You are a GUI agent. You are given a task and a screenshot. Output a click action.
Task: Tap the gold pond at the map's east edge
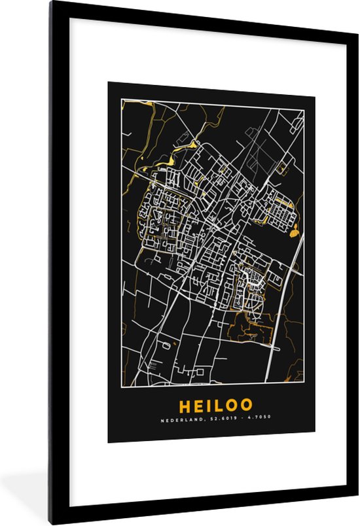pyautogui.click(x=293, y=231)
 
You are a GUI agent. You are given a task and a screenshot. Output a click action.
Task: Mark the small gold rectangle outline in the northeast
pyautogui.click(x=281, y=168)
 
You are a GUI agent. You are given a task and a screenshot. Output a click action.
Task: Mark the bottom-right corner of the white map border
pyautogui.click(x=304, y=382)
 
